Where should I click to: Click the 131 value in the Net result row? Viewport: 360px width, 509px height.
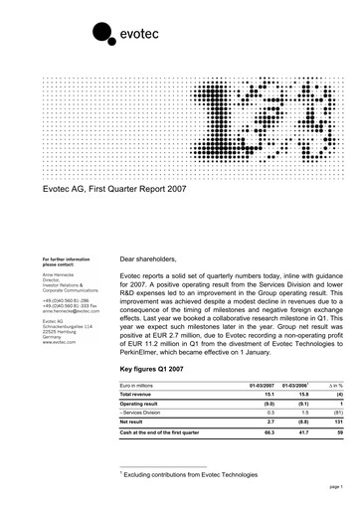[337, 439]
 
